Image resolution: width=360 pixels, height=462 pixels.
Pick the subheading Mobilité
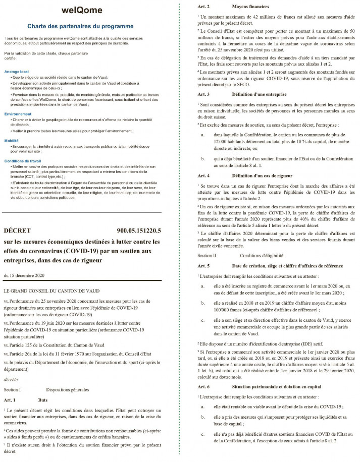[12, 141]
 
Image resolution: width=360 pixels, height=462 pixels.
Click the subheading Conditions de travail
[23, 160]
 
